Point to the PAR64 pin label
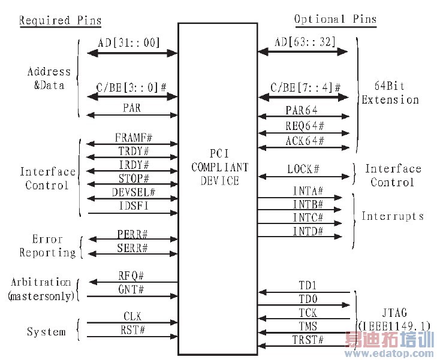point(302,110)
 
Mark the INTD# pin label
point(308,231)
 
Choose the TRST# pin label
point(307,340)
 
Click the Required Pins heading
point(60,20)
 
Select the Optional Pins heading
point(335,19)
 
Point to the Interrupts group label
point(393,216)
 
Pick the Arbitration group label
point(40,282)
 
